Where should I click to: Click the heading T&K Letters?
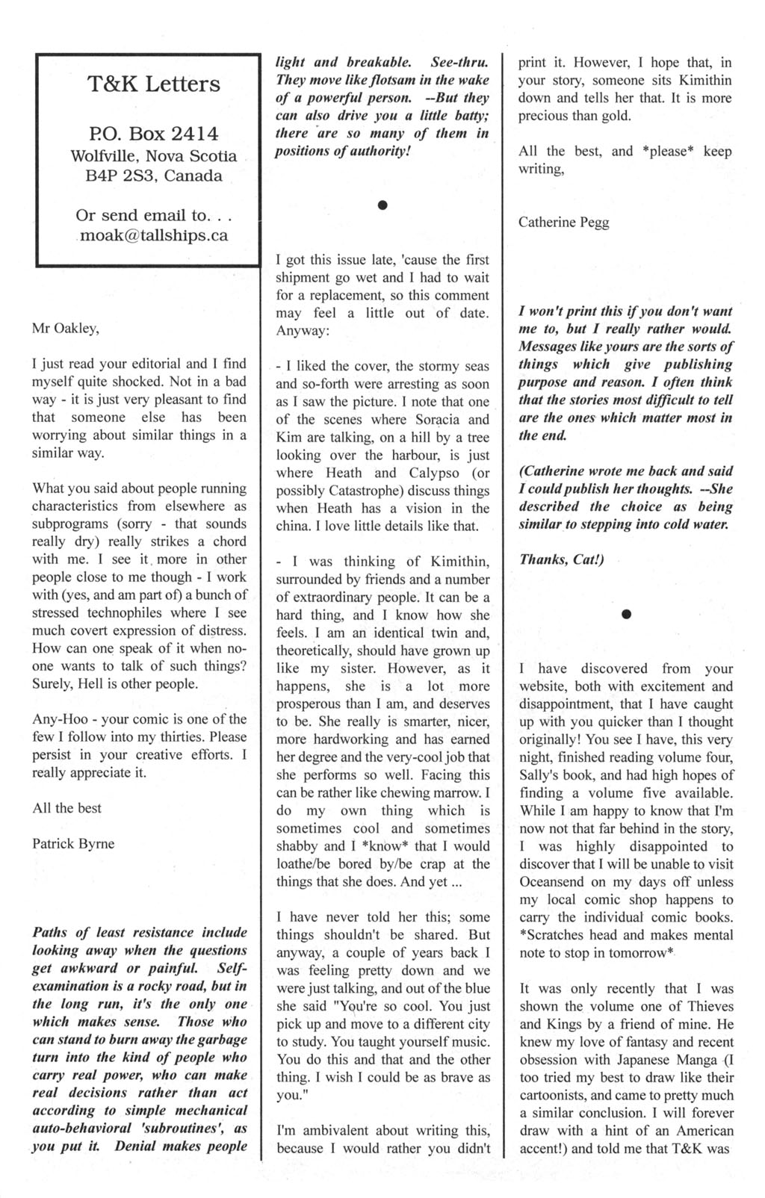pyautogui.click(x=154, y=84)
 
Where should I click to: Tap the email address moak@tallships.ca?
pyautogui.click(x=154, y=236)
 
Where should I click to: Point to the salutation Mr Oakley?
pyautogui.click(x=66, y=328)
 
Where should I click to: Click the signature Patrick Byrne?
pyautogui.click(x=73, y=844)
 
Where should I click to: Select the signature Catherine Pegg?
pyautogui.click(x=564, y=223)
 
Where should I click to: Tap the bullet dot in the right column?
pyautogui.click(x=626, y=614)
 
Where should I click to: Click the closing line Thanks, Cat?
pyautogui.click(x=561, y=559)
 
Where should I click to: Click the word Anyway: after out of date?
pyautogui.click(x=303, y=331)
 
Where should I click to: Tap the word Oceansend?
pyautogui.click(x=553, y=882)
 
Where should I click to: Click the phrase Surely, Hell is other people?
pyautogui.click(x=115, y=684)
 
